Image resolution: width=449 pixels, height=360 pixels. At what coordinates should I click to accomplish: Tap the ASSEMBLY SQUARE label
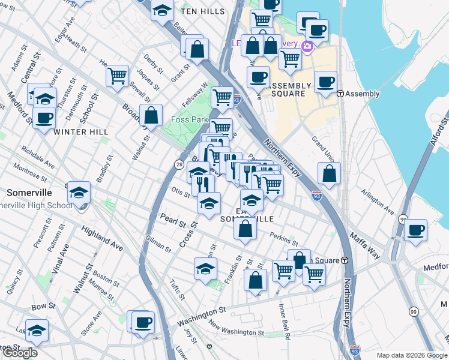point(291,89)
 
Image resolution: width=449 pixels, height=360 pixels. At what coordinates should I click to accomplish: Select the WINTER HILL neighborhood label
point(80,131)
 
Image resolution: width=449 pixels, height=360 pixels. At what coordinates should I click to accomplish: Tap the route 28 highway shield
point(179,164)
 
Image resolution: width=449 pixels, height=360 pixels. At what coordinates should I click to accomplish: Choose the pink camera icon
point(307,47)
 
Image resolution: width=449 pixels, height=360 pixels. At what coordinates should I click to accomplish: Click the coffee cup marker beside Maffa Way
point(415,230)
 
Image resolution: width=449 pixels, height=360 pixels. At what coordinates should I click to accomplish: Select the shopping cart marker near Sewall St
point(117,76)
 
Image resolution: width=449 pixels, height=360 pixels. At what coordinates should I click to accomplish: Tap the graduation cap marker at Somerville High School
point(78,193)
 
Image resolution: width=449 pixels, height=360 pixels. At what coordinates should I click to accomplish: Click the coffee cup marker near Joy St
point(143,322)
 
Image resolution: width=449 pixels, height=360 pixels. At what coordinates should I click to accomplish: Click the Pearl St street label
point(172,220)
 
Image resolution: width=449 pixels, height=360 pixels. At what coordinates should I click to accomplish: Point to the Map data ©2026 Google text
point(411,355)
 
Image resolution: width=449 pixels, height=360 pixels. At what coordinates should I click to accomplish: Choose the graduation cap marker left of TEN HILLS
point(162,10)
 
